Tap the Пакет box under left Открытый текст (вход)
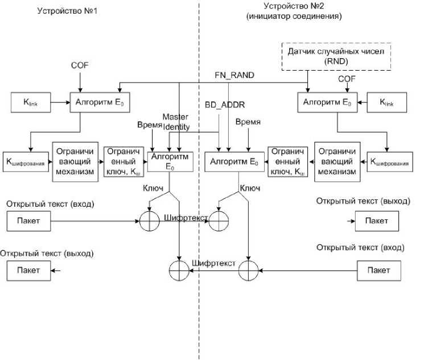point(28,220)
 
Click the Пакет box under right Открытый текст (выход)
point(376,220)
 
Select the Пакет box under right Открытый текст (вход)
point(378,269)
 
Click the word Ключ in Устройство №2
point(250,187)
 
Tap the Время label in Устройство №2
point(249,122)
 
